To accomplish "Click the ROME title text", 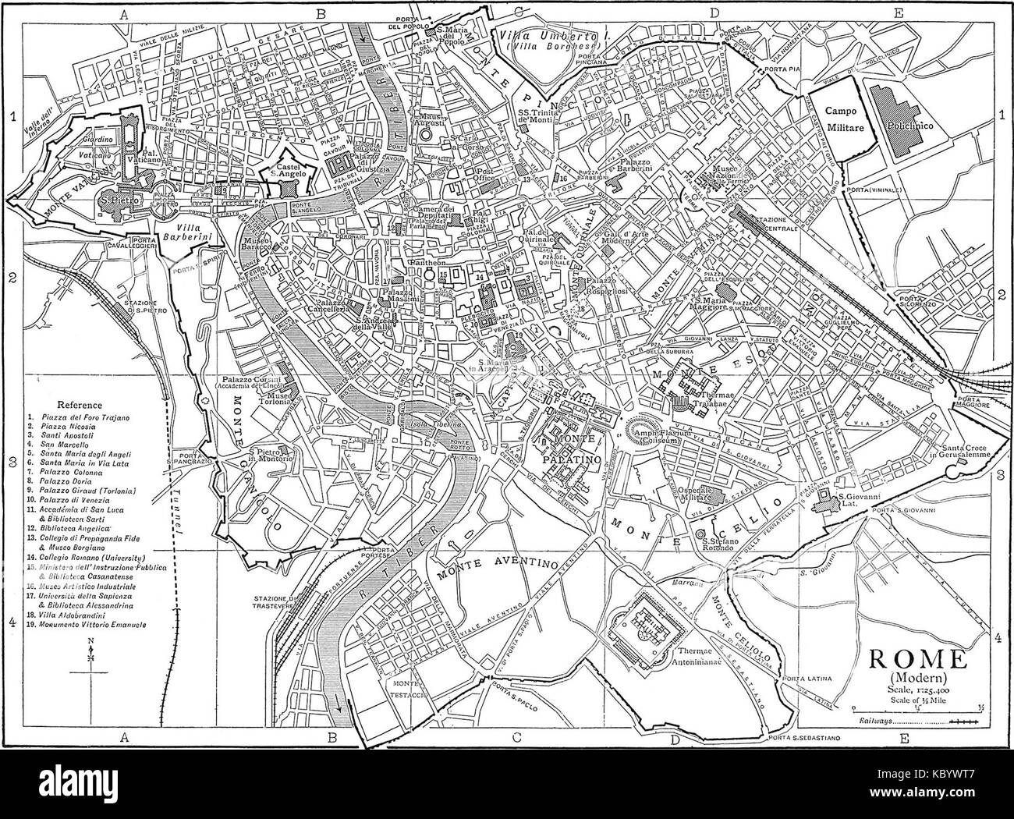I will (913, 659).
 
